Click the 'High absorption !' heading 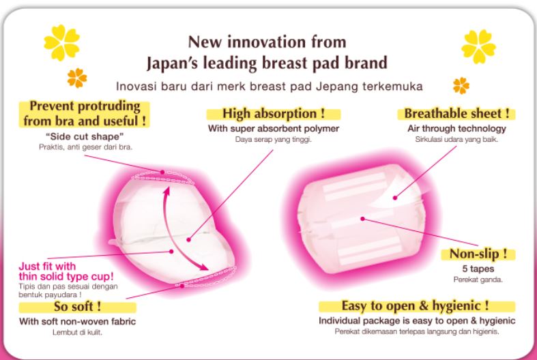click(274, 113)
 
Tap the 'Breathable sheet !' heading click(456, 113)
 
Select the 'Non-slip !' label click(478, 254)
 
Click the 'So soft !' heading click(77, 306)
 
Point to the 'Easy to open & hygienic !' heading click(415, 305)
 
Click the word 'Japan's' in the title click(172, 63)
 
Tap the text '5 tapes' click(478, 269)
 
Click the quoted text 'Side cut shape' click(85, 136)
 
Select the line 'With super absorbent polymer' click(274, 129)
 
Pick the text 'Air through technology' click(456, 129)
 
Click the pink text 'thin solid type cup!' click(66, 277)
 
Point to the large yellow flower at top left click(61, 42)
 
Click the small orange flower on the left click(76, 78)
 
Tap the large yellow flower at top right click(478, 46)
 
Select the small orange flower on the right click(461, 85)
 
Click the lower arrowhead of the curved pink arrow click(203, 266)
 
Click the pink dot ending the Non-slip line click(363, 219)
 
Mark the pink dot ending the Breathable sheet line click(395, 198)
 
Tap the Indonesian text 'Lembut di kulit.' click(77, 332)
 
